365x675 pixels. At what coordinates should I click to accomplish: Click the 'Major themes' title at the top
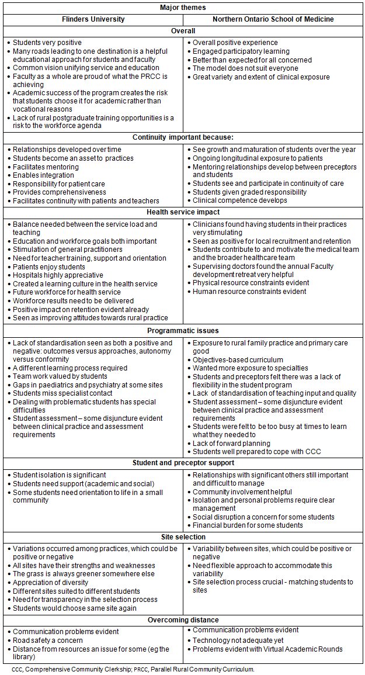(x=183, y=8)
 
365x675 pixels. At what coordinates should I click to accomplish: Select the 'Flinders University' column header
(x=93, y=19)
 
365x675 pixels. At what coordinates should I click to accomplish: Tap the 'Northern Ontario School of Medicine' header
(x=273, y=19)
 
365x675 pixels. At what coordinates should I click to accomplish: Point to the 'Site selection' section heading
(x=183, y=536)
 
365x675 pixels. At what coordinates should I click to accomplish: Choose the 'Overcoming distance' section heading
(x=183, y=619)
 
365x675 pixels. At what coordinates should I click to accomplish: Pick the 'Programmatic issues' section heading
(x=183, y=331)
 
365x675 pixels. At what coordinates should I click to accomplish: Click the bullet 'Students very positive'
(x=47, y=43)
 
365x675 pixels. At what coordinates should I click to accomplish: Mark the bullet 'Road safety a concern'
(x=48, y=641)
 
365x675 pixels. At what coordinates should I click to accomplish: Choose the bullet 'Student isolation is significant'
(x=60, y=475)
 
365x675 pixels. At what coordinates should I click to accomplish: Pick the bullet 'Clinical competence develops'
(x=240, y=200)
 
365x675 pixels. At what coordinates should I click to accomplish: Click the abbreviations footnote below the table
(x=133, y=669)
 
